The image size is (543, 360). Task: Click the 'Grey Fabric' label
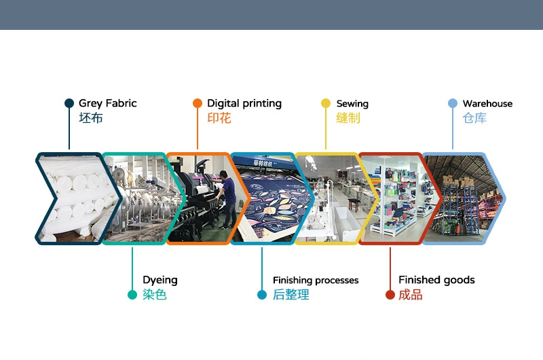tap(108, 104)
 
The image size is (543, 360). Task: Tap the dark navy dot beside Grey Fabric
tap(69, 103)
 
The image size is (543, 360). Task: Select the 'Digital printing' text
tap(244, 104)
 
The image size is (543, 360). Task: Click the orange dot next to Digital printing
tap(198, 103)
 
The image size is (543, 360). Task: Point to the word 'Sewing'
tap(352, 104)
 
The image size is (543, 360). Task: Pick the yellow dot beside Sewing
tap(326, 103)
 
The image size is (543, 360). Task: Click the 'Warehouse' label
tap(487, 103)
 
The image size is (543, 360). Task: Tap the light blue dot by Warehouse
tap(453, 103)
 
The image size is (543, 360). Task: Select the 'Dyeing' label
tap(160, 280)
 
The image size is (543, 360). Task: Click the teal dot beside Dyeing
tap(132, 295)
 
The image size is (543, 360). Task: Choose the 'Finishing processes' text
tap(316, 280)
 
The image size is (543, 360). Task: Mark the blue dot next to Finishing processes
tap(262, 295)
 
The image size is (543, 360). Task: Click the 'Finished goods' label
tap(436, 280)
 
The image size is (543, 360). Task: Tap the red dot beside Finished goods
tap(390, 295)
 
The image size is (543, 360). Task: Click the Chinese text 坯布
tap(91, 118)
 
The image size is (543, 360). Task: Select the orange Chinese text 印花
tap(219, 118)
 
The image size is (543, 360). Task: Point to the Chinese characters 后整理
tap(291, 295)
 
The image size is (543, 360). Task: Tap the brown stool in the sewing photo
tap(354, 204)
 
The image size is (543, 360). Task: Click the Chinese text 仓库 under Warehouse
tap(474, 118)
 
